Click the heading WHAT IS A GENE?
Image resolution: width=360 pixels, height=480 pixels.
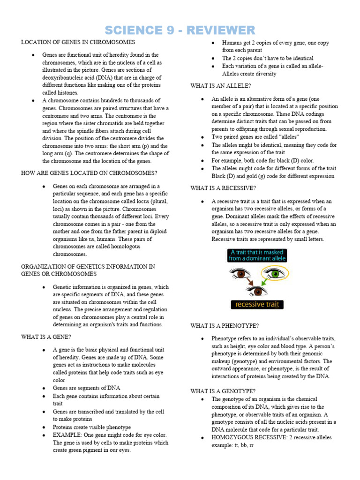(x=46, y=337)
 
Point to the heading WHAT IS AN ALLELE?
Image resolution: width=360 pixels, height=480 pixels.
(x=220, y=86)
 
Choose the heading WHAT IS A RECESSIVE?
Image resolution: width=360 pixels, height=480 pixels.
(x=223, y=188)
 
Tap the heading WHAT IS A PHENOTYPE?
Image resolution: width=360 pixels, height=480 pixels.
(x=225, y=326)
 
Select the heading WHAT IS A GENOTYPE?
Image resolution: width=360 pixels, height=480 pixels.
(x=223, y=391)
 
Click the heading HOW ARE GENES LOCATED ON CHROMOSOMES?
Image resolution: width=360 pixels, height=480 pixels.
(x=89, y=173)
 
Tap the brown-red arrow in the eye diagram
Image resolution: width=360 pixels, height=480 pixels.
(x=250, y=282)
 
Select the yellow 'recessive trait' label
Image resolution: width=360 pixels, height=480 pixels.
(x=257, y=305)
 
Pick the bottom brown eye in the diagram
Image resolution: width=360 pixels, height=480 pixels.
(x=257, y=291)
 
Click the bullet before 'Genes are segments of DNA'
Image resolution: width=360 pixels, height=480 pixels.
(x=43, y=388)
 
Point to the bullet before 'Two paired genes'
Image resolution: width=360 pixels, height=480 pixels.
(x=202, y=137)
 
